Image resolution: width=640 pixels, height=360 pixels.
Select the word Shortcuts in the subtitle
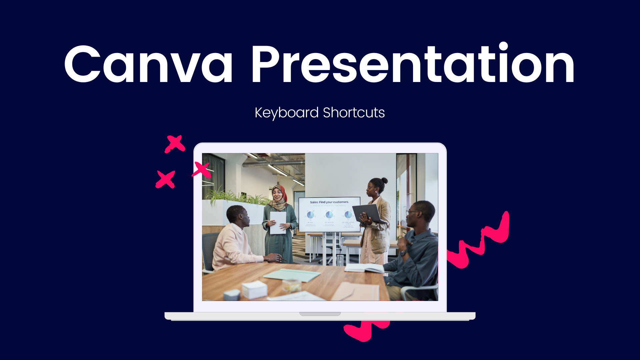click(354, 113)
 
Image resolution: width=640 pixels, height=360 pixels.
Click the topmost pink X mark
click(175, 144)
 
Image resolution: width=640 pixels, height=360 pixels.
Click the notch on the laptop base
click(320, 314)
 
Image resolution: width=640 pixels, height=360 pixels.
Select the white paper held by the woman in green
click(278, 222)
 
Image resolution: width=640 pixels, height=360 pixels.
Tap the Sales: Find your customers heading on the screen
click(329, 202)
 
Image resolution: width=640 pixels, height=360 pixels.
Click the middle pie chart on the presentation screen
click(329, 215)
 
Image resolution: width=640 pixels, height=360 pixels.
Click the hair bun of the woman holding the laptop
click(385, 180)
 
